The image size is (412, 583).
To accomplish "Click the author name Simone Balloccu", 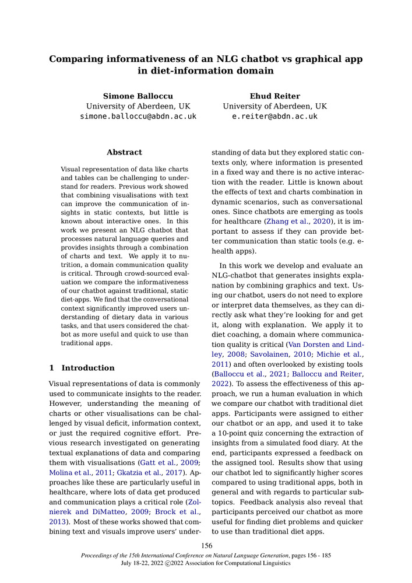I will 138,96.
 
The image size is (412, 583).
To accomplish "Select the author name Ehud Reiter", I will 274,96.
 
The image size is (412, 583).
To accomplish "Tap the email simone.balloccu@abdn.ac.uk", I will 138,117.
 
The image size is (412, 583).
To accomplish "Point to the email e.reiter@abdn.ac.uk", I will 275,117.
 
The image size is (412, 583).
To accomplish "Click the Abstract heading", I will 124,152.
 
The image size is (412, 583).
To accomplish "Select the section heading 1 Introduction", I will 82,368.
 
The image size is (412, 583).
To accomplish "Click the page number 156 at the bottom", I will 206,546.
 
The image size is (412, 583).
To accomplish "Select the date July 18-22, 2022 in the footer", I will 142,564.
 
